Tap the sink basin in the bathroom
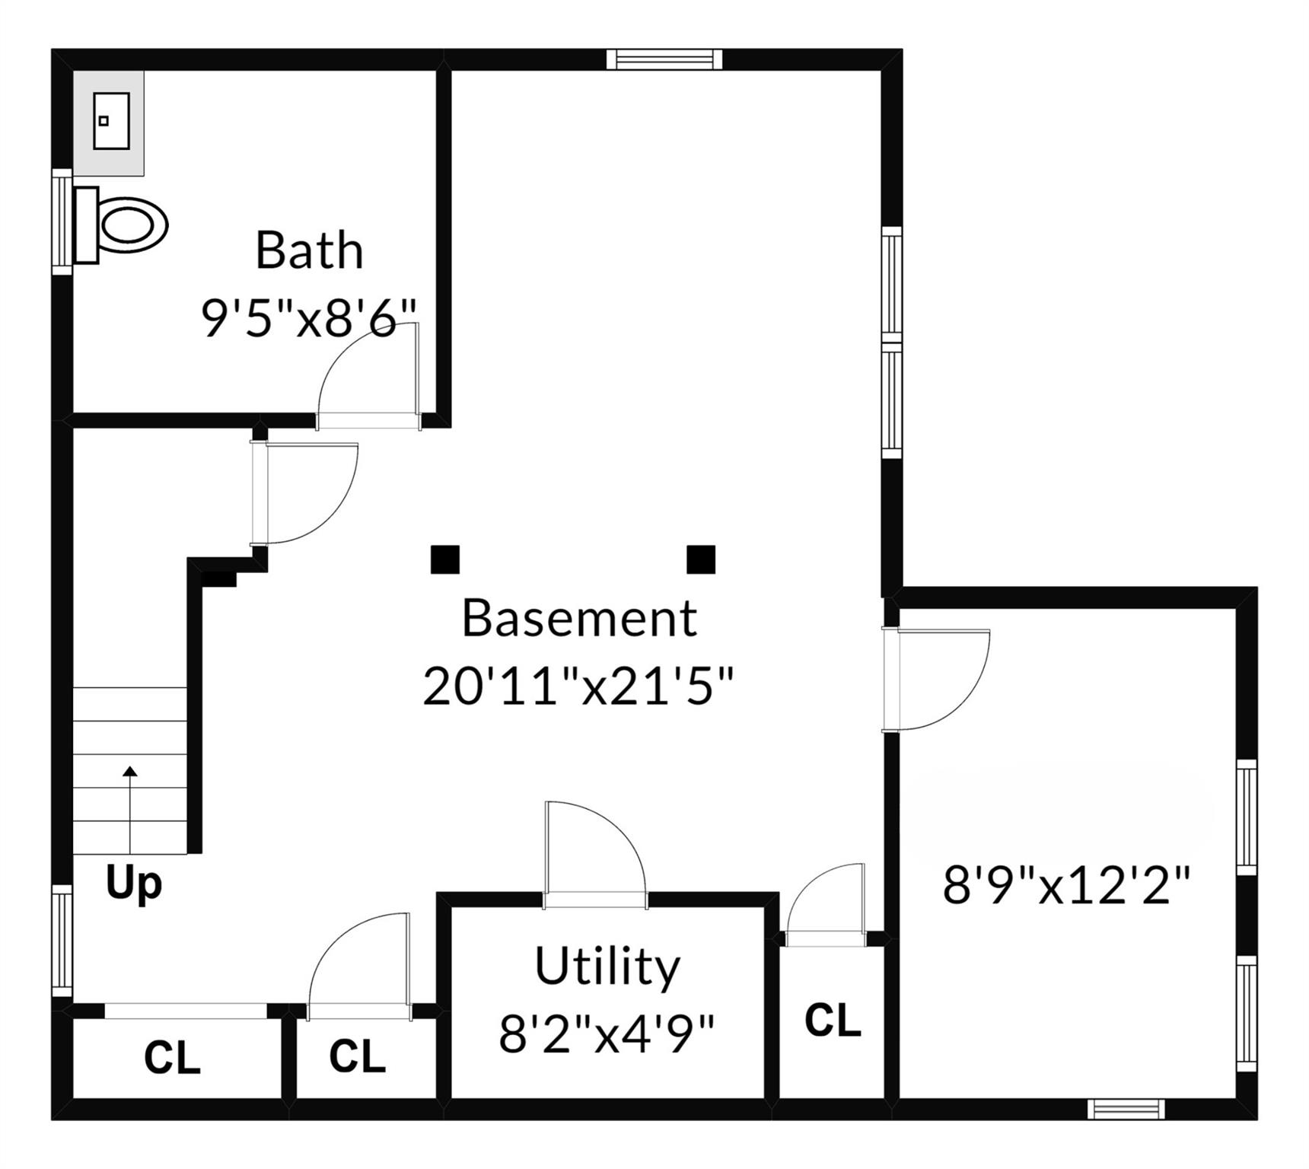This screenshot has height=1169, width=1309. click(111, 121)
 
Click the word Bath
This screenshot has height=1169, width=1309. click(309, 250)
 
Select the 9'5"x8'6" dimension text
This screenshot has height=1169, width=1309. click(309, 318)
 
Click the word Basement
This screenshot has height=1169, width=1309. click(579, 618)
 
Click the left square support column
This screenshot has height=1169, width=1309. click(445, 559)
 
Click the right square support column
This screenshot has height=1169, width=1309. click(701, 559)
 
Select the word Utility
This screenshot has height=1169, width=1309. click(607, 967)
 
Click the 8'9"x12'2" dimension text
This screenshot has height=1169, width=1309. click(1066, 886)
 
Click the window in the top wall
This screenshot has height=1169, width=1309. click(664, 59)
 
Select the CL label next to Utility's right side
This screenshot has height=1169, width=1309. click(833, 1021)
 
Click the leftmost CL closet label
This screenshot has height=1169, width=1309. click(172, 1058)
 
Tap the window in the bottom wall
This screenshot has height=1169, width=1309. click(1126, 1109)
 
